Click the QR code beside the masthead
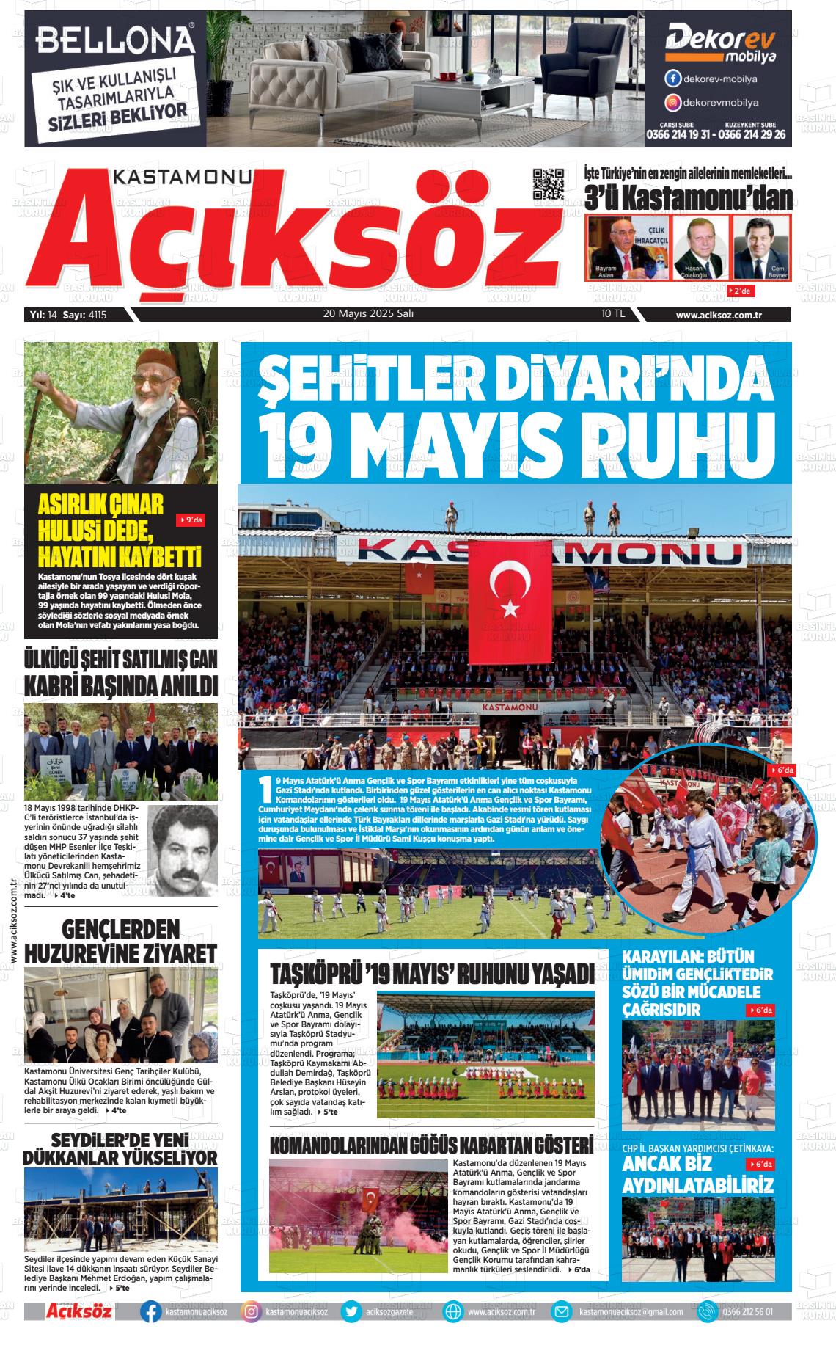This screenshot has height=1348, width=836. [x=549, y=184]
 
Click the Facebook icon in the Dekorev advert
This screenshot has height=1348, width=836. [x=672, y=79]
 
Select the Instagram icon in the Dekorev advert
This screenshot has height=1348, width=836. [x=672, y=103]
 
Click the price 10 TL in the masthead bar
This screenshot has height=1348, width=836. [x=612, y=314]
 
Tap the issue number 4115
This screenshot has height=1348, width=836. [x=96, y=315]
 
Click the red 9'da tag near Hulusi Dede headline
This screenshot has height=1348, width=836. [x=191, y=520]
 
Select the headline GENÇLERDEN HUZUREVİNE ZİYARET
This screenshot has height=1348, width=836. [x=120, y=941]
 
